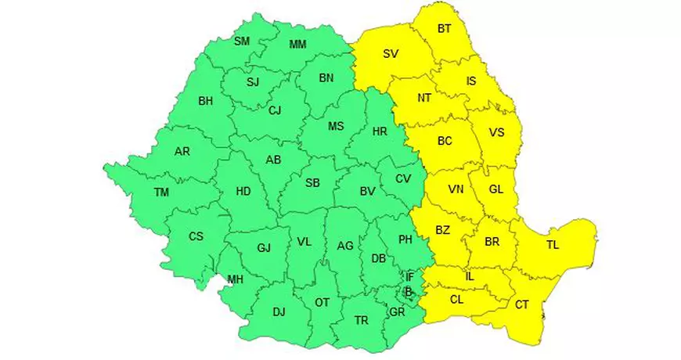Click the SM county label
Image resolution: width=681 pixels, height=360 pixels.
tap(243, 41)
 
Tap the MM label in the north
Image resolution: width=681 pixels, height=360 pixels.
tap(297, 44)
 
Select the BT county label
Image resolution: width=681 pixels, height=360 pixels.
tap(445, 29)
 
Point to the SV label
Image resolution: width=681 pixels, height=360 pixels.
tap(390, 54)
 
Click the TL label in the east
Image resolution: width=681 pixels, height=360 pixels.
tap(553, 246)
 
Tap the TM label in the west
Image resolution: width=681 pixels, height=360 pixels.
tap(161, 192)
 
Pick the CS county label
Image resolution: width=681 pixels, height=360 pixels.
tap(196, 236)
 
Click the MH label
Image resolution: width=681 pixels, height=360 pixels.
tap(235, 279)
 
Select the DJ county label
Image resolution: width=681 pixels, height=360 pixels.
tap(279, 312)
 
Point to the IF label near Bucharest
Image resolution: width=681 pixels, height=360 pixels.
tap(409, 276)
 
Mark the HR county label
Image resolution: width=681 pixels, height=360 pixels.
tap(380, 131)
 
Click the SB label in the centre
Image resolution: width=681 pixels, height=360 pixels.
tap(312, 183)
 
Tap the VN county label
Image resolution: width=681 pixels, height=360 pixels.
tap(456, 189)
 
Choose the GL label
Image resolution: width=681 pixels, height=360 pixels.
tap(496, 189)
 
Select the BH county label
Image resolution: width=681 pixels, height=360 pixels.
tap(206, 101)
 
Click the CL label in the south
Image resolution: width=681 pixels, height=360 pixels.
tap(456, 298)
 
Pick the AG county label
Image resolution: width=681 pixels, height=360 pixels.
tap(345, 245)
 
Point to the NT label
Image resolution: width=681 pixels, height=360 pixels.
tap(424, 98)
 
